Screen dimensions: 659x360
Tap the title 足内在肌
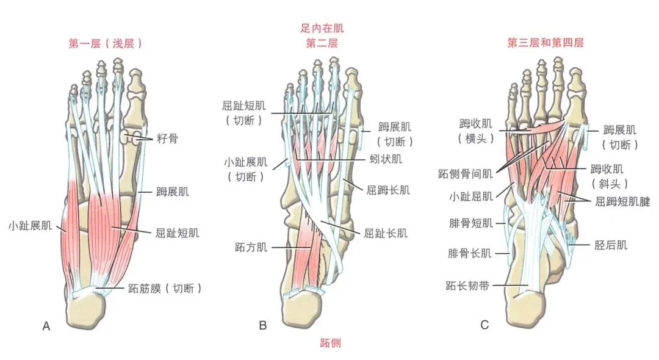(x=318, y=28)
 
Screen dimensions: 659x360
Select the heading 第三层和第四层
(x=546, y=43)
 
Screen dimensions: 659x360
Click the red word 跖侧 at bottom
(x=330, y=342)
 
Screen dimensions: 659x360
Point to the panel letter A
(x=46, y=326)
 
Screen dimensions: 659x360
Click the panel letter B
(x=263, y=326)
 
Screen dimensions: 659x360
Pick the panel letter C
(x=484, y=326)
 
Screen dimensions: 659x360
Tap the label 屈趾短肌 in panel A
(x=178, y=233)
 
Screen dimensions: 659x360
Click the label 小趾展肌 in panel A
(x=29, y=225)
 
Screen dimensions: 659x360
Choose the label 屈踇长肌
(x=388, y=189)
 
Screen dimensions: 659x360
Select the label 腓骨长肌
(x=470, y=253)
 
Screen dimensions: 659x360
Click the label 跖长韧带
(x=470, y=284)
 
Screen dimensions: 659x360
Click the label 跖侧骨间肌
(x=465, y=174)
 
